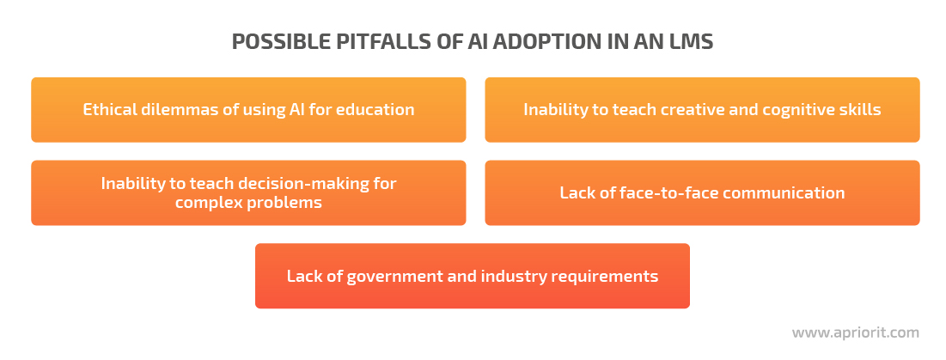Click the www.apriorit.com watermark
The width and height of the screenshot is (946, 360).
pos(856,333)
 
